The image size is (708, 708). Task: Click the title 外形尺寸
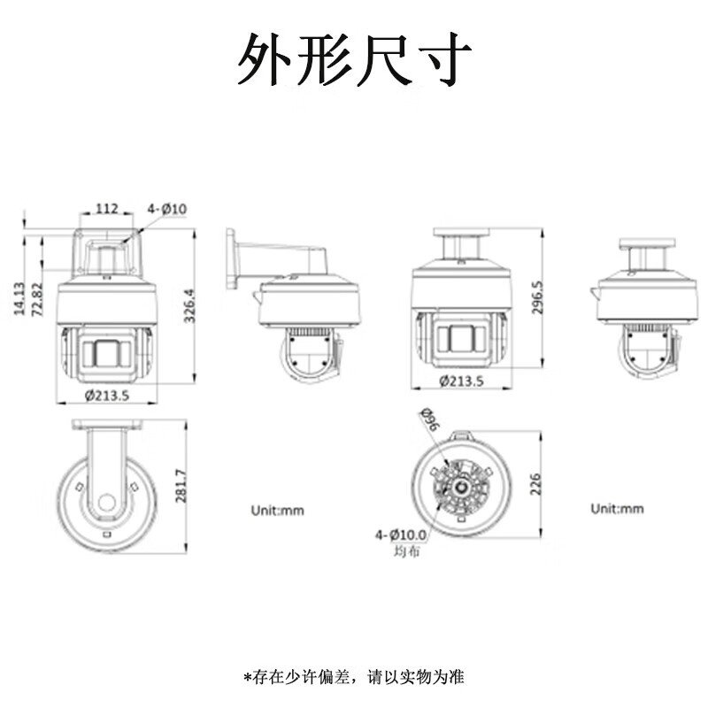click(x=354, y=60)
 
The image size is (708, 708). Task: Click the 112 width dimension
click(x=106, y=209)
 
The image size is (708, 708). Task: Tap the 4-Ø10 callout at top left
click(x=166, y=209)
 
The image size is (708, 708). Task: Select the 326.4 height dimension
click(x=189, y=305)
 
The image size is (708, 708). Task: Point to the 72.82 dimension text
click(x=37, y=302)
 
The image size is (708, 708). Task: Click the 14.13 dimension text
click(x=19, y=298)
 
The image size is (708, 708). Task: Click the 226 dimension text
click(x=534, y=482)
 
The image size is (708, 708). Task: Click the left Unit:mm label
click(x=277, y=510)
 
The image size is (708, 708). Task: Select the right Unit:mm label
click(x=617, y=509)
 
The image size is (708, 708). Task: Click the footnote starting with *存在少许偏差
click(x=354, y=677)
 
